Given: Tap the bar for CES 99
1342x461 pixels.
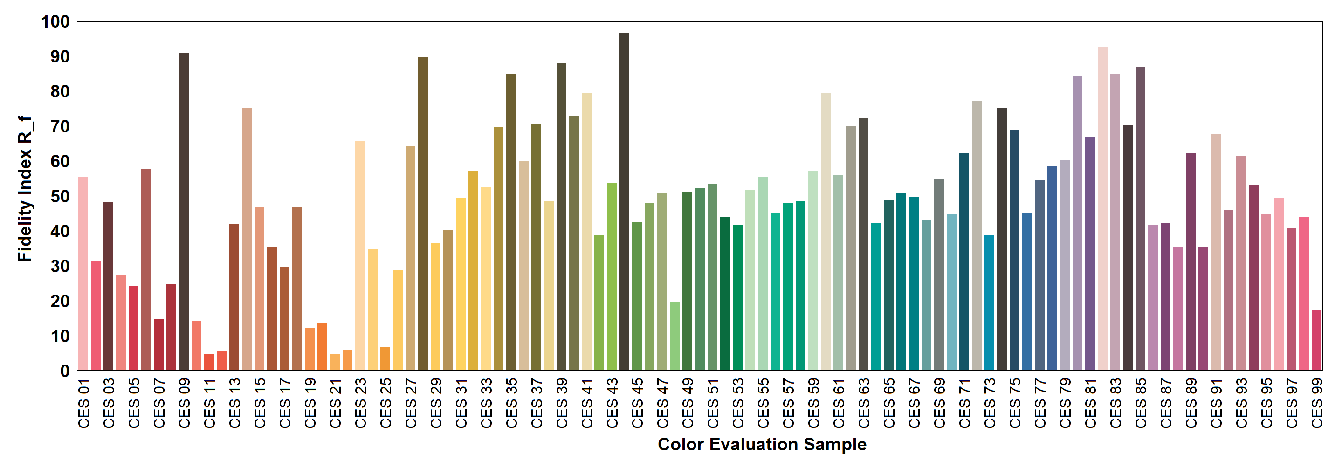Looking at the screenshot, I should click(x=1316, y=341).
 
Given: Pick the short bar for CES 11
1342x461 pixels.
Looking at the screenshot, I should click(x=209, y=362).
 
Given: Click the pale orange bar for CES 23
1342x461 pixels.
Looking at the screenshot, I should click(x=360, y=255).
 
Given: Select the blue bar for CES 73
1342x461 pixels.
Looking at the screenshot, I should click(x=989, y=303).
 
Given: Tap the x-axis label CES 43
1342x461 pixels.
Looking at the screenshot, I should click(x=612, y=403).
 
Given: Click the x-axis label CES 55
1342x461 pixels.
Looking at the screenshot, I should click(x=763, y=403).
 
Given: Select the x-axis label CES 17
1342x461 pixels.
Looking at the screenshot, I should click(x=285, y=403).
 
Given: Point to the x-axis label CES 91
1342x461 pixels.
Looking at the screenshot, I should click(x=1216, y=403).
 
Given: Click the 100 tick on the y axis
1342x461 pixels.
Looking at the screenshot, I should click(x=55, y=22).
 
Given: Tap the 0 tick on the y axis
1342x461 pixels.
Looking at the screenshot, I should click(x=65, y=371).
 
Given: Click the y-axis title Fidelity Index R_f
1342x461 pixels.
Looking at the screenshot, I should click(x=25, y=189).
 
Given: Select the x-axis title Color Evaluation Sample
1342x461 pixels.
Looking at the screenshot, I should click(x=762, y=444).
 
